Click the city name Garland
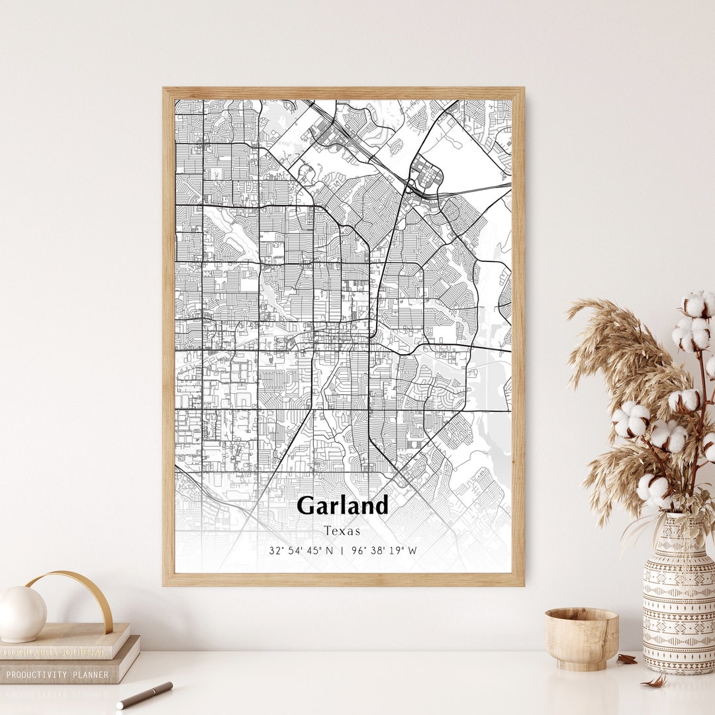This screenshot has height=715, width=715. [342, 506]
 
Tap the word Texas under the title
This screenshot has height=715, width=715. [342, 531]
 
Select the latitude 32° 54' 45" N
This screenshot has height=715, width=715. [301, 550]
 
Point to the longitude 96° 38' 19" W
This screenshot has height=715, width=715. [384, 550]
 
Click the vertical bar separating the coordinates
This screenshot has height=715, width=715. [342, 550]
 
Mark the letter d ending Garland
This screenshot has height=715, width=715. [381, 505]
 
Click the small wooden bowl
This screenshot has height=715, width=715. [581, 638]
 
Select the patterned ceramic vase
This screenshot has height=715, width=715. [679, 596]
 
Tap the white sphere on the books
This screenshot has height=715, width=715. [22, 614]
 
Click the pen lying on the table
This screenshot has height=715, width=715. [144, 695]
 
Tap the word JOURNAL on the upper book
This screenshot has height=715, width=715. [83, 652]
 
